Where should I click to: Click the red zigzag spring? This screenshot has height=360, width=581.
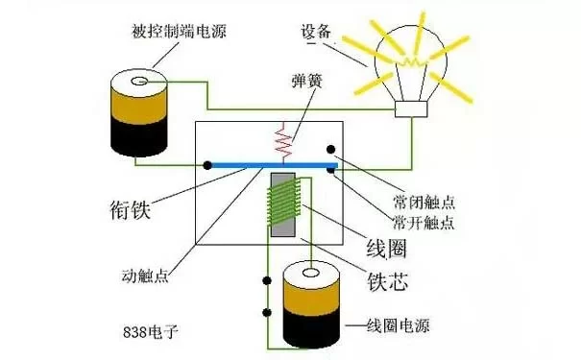[x=282, y=141]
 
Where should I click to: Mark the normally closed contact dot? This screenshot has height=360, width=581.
[x=330, y=150]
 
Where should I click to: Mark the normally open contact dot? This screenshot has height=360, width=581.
[x=330, y=171]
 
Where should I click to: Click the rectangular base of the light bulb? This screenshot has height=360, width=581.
[x=412, y=111]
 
